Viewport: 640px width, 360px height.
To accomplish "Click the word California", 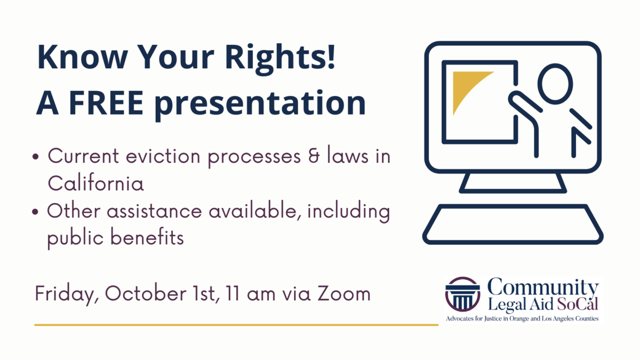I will pyautogui.click(x=95, y=183).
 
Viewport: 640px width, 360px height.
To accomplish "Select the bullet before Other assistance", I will pyautogui.click(x=35, y=212).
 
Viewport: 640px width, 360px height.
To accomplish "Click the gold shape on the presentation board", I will pyautogui.click(x=466, y=89).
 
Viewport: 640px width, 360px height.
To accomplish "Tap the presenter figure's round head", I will pyautogui.click(x=555, y=84).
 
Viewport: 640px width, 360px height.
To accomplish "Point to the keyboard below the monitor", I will pyautogui.click(x=513, y=224).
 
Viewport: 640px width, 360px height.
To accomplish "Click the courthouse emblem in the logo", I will pyautogui.click(x=462, y=294).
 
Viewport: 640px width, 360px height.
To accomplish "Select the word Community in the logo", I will pyautogui.click(x=543, y=288).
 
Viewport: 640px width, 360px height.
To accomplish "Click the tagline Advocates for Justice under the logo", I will pyautogui.click(x=522, y=318).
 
